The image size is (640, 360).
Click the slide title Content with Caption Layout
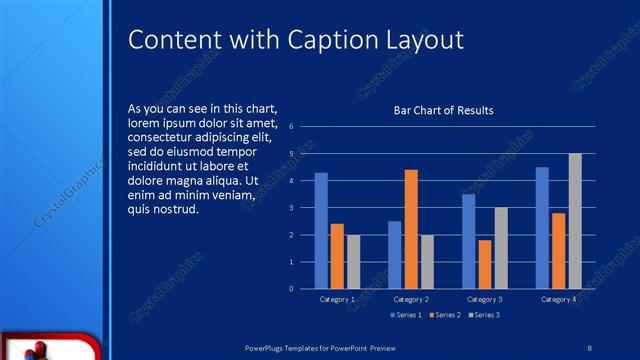pos(296,40)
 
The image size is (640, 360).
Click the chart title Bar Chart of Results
pos(443,110)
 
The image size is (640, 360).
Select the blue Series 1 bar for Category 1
pos(321,231)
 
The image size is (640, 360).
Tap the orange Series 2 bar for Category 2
pos(411,229)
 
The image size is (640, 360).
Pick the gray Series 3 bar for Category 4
pos(575,221)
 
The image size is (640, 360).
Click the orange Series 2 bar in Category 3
pos(485,264)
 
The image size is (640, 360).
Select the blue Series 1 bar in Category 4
pos(542,228)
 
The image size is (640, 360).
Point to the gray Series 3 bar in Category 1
pos(353,261)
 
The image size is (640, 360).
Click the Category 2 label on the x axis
pos(411,299)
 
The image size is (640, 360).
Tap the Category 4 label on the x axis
pos(558,299)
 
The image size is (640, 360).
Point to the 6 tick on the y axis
pos(290,127)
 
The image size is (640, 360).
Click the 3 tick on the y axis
pos(290,208)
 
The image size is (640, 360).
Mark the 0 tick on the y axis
pos(290,289)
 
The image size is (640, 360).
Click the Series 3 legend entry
pos(484,315)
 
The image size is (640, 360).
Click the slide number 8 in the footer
pos(590,347)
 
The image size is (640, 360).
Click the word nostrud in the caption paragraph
pos(179,210)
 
